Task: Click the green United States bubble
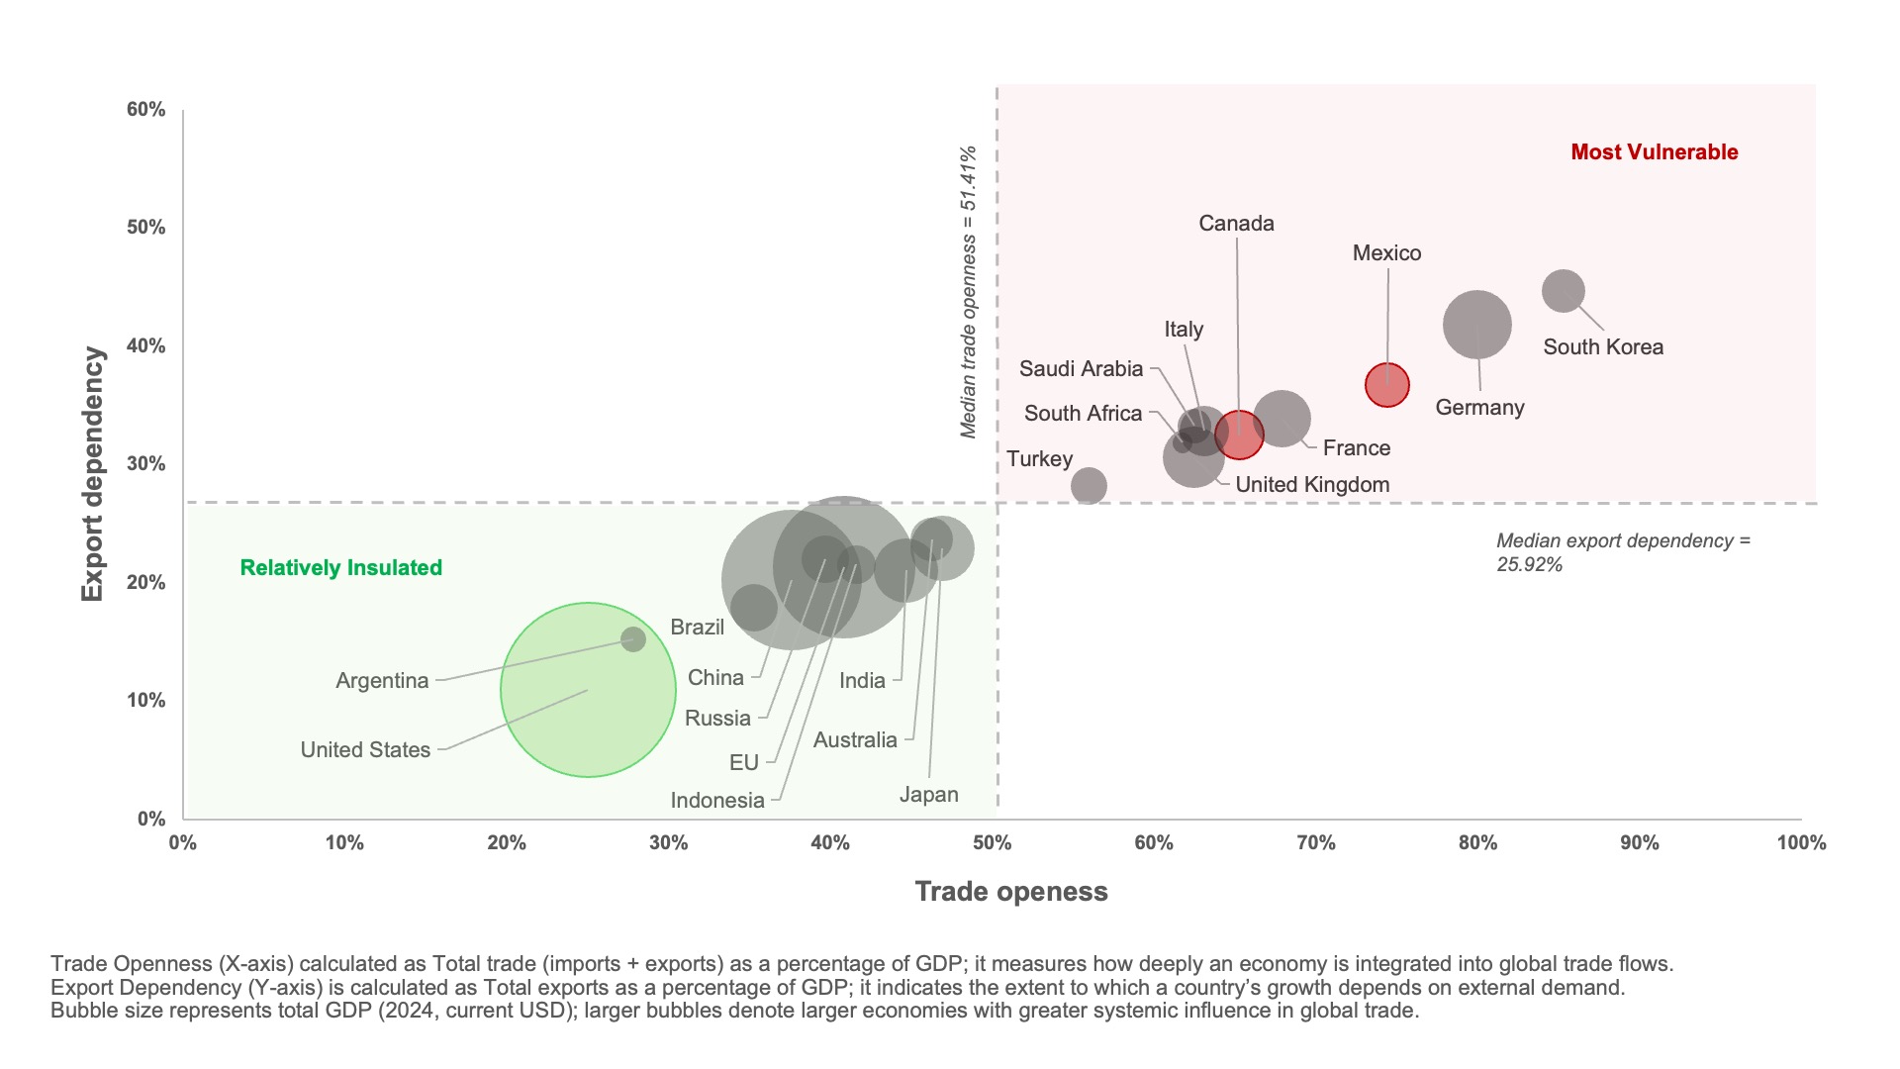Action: (588, 690)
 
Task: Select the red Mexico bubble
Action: (1387, 385)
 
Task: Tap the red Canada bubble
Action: (1239, 434)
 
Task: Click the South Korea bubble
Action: (1564, 291)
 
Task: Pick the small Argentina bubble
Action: (633, 639)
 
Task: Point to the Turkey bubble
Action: (1089, 486)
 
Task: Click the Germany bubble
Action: (1476, 324)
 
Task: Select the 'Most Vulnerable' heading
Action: (1655, 152)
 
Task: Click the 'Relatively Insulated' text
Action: (341, 568)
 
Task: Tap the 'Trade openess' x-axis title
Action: (1011, 892)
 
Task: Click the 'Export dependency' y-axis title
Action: (93, 474)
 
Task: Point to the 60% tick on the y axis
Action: (146, 110)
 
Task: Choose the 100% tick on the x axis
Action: (1801, 843)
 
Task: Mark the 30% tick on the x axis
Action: (668, 843)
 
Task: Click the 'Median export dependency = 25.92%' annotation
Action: (1623, 552)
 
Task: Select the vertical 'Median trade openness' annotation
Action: (969, 292)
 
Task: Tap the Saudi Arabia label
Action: (1081, 369)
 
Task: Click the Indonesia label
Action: (717, 801)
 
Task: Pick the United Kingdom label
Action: (1312, 485)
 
